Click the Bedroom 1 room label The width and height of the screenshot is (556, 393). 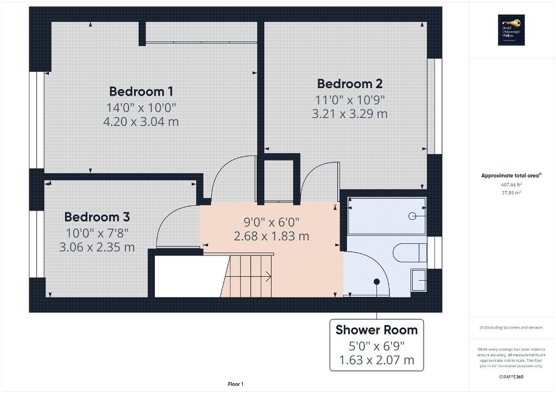tap(142, 91)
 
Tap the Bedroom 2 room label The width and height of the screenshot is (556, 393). tap(349, 84)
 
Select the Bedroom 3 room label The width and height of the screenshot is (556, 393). tap(97, 217)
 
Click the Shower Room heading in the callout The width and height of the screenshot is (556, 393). tap(376, 330)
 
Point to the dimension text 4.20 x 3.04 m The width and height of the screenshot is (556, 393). tap(142, 121)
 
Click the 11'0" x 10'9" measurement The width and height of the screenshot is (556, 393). tap(349, 100)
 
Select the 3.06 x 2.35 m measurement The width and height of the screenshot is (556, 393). tap(97, 247)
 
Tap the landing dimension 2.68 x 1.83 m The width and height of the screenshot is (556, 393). tap(271, 236)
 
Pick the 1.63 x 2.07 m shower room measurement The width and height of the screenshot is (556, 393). tap(376, 361)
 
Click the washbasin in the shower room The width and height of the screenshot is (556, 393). tap(419, 280)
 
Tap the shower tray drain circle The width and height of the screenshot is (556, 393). tap(412, 216)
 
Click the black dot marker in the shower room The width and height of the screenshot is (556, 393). tap(377, 281)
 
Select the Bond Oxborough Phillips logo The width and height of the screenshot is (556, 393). tap(509, 29)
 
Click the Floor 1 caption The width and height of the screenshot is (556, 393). tap(235, 384)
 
